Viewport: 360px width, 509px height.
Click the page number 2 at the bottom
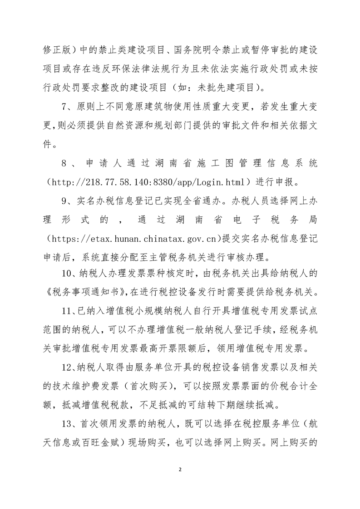(x=180, y=469)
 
